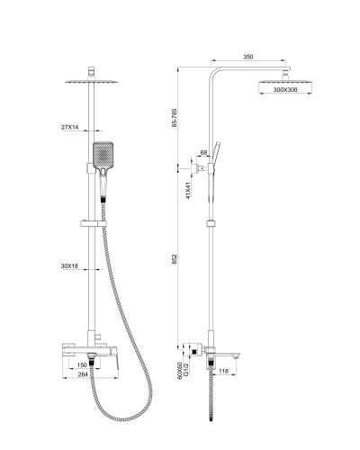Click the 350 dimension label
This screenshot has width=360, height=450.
[x=248, y=57]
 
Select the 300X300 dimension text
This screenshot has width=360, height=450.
[x=285, y=89]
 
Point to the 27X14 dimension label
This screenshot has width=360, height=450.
[x=69, y=127]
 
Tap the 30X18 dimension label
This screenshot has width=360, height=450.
[x=69, y=265]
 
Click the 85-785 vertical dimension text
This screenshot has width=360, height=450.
[x=175, y=118]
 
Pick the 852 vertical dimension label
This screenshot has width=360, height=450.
[x=175, y=259]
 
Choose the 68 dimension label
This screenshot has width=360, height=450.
[x=203, y=153]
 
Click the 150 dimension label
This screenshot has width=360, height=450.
[x=82, y=365]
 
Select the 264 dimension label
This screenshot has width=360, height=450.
[x=83, y=374]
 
